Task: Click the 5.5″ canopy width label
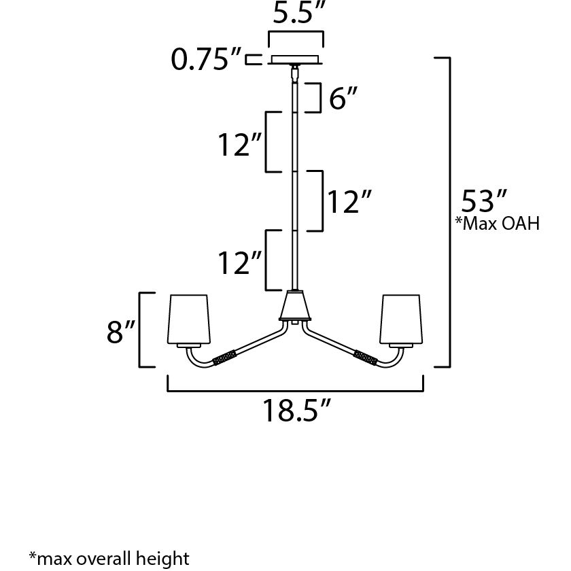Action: coord(296,14)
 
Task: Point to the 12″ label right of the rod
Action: coord(349,202)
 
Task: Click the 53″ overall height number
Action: coord(485,202)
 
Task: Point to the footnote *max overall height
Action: coord(109,558)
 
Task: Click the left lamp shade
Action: coord(190,319)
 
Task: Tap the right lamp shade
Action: coord(403,319)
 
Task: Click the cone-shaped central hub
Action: coord(295,307)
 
